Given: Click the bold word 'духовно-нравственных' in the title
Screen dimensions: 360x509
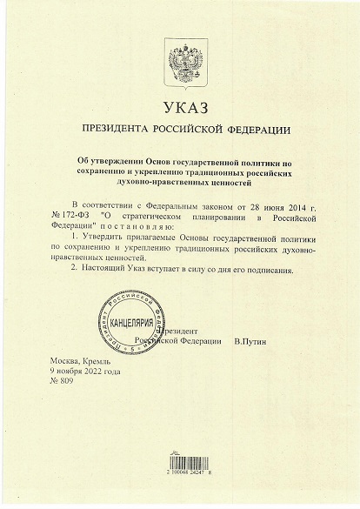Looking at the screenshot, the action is coord(153,184).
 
